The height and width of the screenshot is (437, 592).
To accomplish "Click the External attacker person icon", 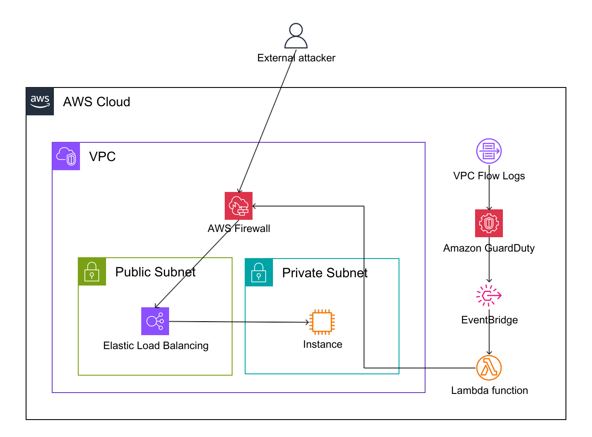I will pyautogui.click(x=296, y=36).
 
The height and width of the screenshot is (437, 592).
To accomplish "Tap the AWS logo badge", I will pyautogui.click(x=40, y=101).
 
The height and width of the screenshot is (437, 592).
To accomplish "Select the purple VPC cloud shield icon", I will pyautogui.click(x=66, y=156).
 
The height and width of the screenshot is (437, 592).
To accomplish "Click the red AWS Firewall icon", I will pyautogui.click(x=239, y=206).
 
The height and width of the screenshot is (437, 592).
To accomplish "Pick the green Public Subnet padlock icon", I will pyautogui.click(x=92, y=272).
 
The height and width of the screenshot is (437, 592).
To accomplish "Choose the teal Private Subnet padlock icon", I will pyautogui.click(x=259, y=272).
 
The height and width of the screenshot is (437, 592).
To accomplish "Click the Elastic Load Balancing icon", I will pyautogui.click(x=155, y=321).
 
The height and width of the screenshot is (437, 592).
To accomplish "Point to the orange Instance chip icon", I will pyautogui.click(x=322, y=322).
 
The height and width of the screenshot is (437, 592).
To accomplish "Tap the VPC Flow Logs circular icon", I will pyautogui.click(x=489, y=151).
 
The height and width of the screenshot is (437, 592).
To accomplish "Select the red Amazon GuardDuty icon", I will pyautogui.click(x=489, y=223).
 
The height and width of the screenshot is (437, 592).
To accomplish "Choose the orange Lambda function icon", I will pyautogui.click(x=489, y=368).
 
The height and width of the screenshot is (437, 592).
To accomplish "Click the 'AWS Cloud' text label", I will pyautogui.click(x=96, y=102).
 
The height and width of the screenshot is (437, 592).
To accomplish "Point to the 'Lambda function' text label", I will pyautogui.click(x=489, y=390).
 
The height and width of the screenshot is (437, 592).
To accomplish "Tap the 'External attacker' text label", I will pyautogui.click(x=296, y=58).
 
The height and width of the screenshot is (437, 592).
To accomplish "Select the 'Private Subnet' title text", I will pyautogui.click(x=325, y=273).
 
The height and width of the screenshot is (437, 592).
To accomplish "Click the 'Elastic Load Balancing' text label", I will pyautogui.click(x=156, y=346).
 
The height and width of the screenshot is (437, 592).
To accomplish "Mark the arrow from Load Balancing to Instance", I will pyautogui.click(x=239, y=322).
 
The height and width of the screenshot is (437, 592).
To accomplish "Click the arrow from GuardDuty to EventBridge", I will pyautogui.click(x=489, y=266).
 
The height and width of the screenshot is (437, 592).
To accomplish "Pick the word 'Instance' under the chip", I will pyautogui.click(x=323, y=344).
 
